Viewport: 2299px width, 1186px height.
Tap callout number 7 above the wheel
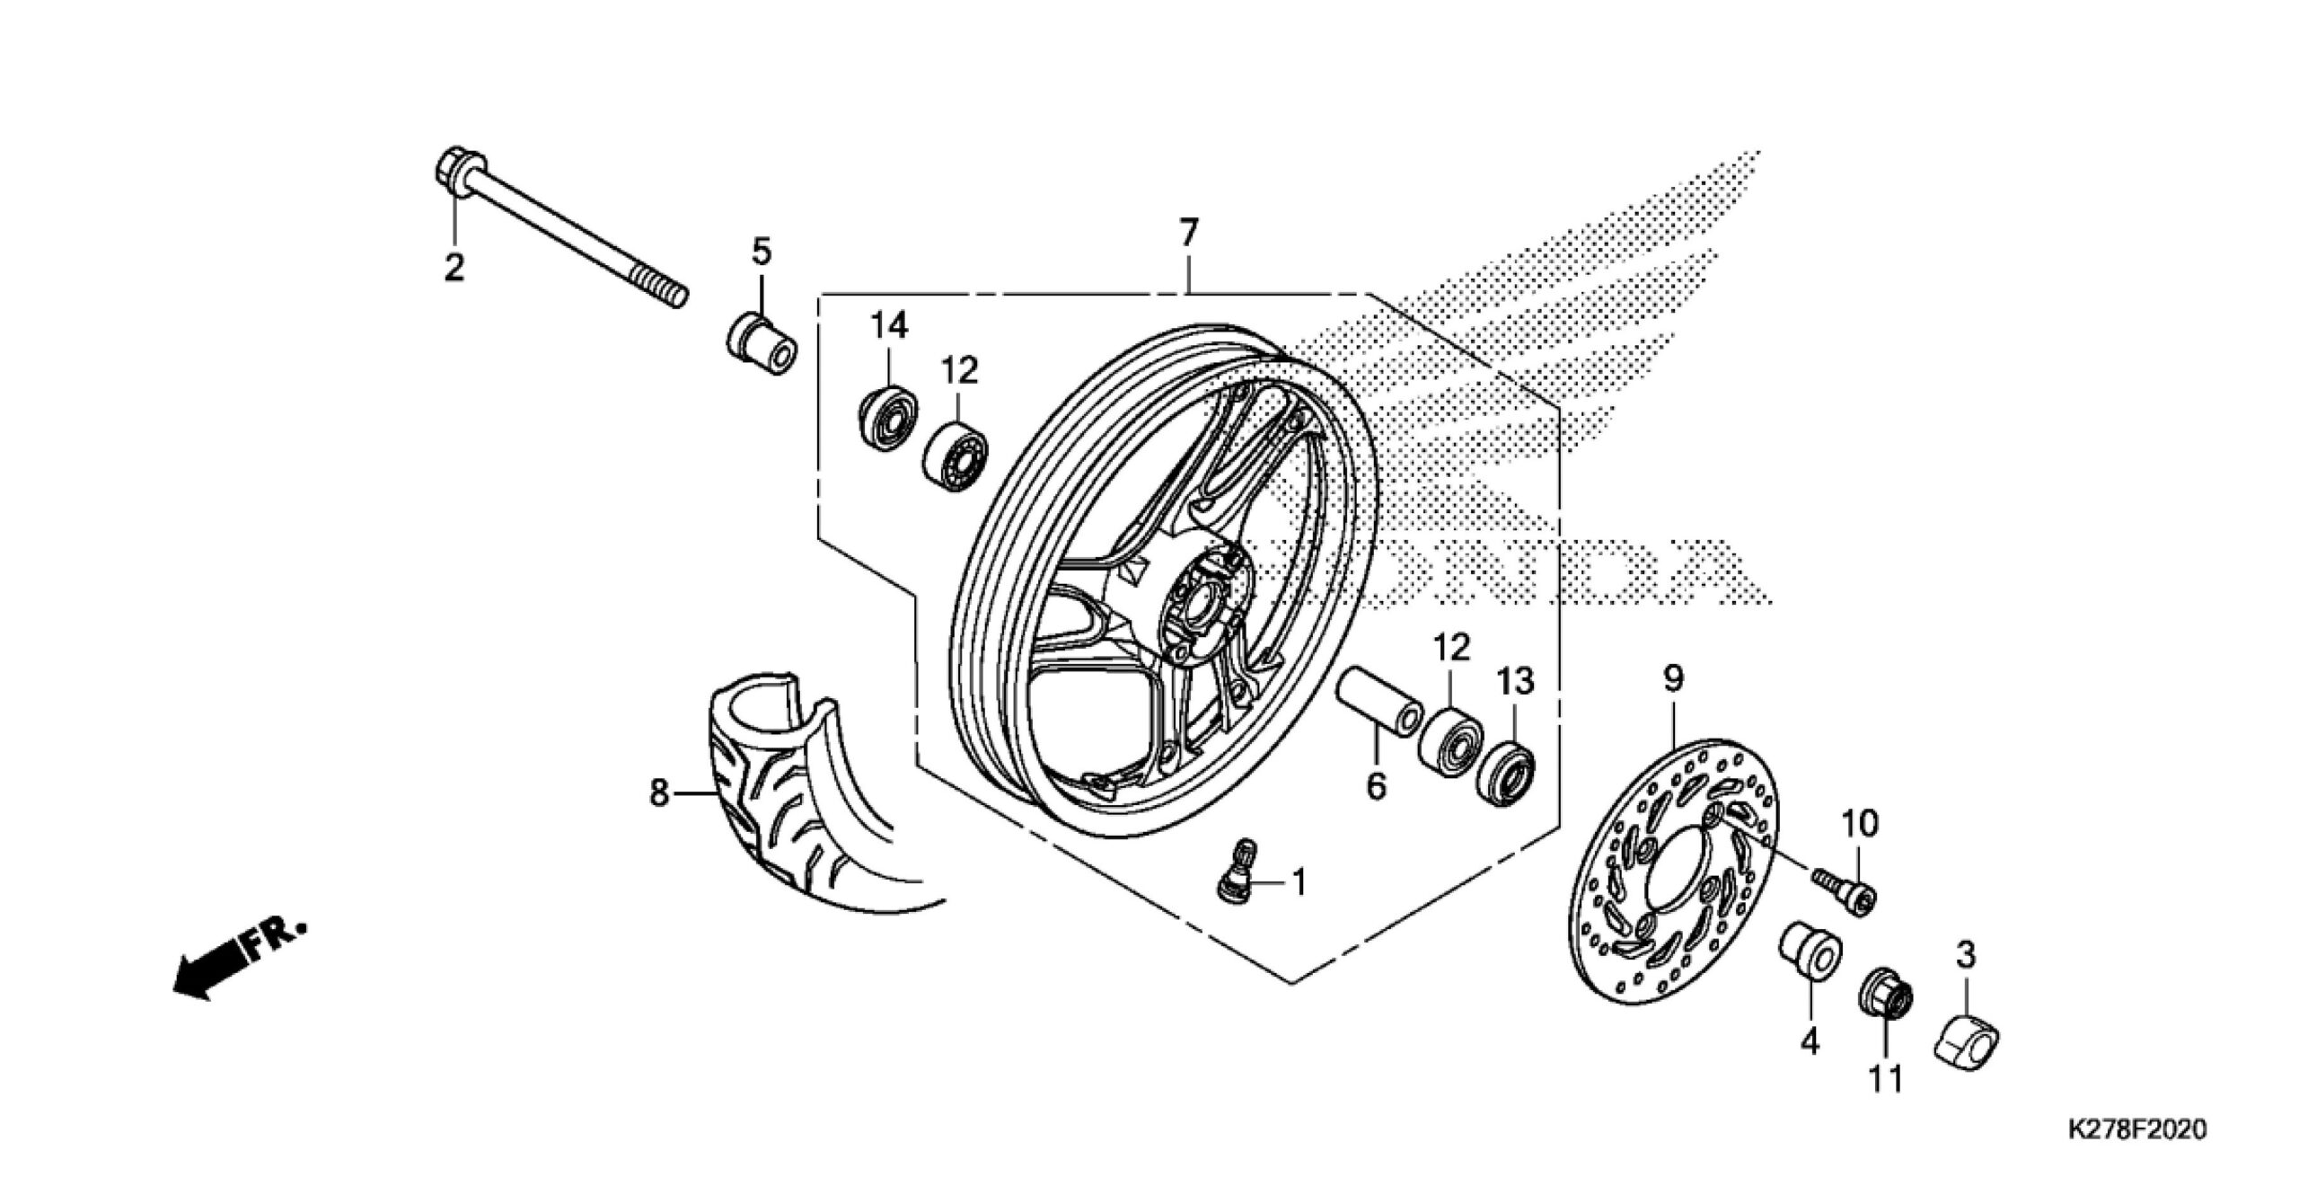coord(1188,234)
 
